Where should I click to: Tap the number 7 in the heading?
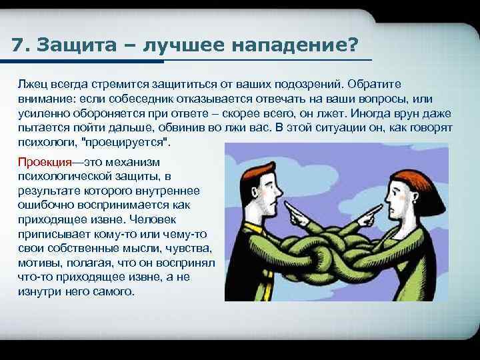click(18, 46)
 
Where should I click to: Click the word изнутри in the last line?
click(40, 292)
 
